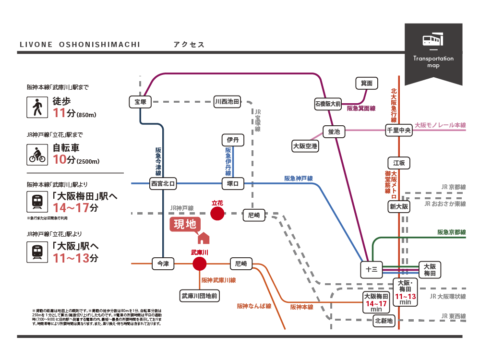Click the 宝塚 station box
coord(140,101)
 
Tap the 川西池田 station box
coord(227,101)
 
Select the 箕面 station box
coord(367,83)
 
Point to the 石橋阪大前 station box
coord(328,103)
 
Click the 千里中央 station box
coord(399,130)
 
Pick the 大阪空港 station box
coord(305,145)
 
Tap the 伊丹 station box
coord(233,140)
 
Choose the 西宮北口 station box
coord(163,183)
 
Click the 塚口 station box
coord(233,183)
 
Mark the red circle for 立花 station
coord(217,214)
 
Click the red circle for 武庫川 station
coord(199,264)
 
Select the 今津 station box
coord(163,264)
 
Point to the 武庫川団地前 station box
coord(199,296)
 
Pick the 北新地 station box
coord(384,320)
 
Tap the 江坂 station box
coord(399,163)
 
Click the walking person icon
coord(36,108)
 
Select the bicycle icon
coord(36,155)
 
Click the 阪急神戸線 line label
coord(299,179)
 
